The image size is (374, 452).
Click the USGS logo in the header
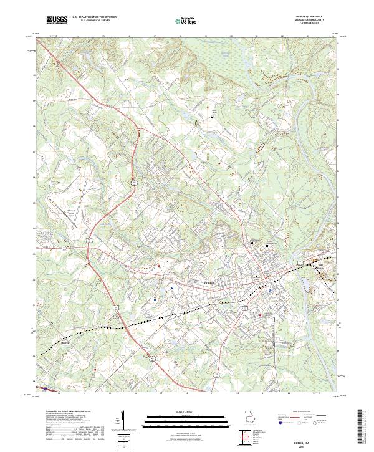pyautogui.click(x=57, y=21)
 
